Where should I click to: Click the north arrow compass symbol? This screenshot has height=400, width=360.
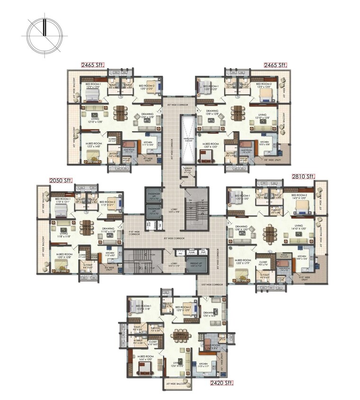[x=44, y=35]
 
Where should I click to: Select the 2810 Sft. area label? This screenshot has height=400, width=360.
[x=303, y=177]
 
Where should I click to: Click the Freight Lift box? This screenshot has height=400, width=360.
[x=196, y=265]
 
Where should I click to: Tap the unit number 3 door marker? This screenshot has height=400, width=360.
[x=161, y=111]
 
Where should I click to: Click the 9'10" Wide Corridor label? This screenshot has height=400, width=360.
[x=134, y=233]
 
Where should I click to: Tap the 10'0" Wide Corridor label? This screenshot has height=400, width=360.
[x=213, y=284]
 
